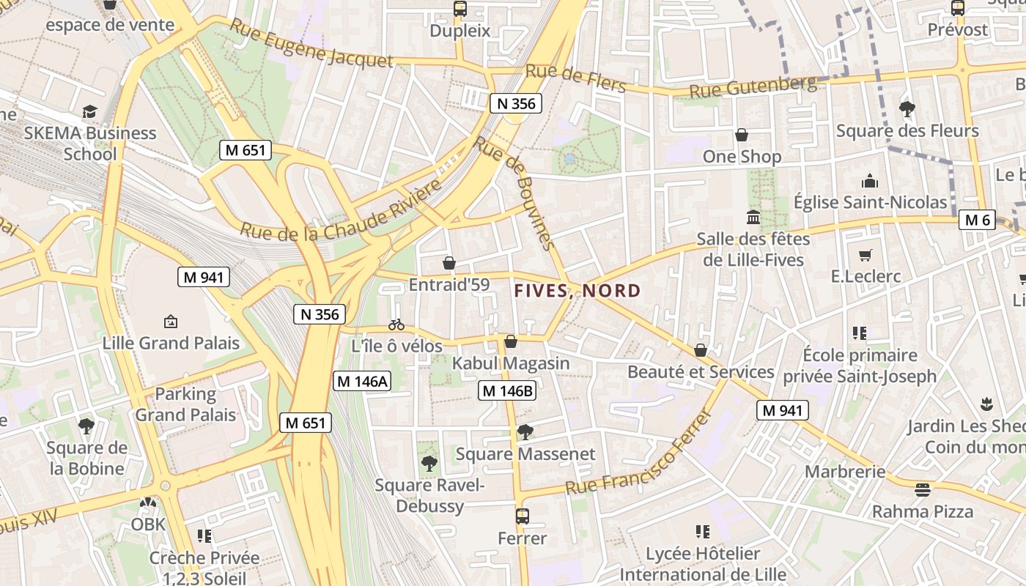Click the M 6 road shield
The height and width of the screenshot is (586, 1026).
pos(978,220)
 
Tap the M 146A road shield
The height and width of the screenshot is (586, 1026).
pos(362,381)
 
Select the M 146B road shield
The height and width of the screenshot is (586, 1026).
pos(507,391)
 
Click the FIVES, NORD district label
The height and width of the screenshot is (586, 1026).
pos(577,291)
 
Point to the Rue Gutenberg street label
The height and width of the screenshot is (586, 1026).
pos(753,87)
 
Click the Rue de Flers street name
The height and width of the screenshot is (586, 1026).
pos(576,78)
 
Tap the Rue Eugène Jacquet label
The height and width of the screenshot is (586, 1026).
pos(311,44)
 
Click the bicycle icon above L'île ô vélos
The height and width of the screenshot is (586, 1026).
pos(396,324)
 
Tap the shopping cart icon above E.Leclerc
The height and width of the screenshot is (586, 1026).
pos(866,255)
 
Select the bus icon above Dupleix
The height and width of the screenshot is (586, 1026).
pos(460,9)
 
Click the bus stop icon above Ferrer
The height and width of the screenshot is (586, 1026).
pos(522,516)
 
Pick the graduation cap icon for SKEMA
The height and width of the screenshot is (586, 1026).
pos(89,111)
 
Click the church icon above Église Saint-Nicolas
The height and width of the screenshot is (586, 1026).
pos(870,181)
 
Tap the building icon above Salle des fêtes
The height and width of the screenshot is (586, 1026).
pos(753,218)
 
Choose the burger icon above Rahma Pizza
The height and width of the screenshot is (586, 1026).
pos(922,489)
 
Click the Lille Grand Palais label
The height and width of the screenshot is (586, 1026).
pos(171,343)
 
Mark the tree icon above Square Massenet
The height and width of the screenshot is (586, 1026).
pos(525,432)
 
